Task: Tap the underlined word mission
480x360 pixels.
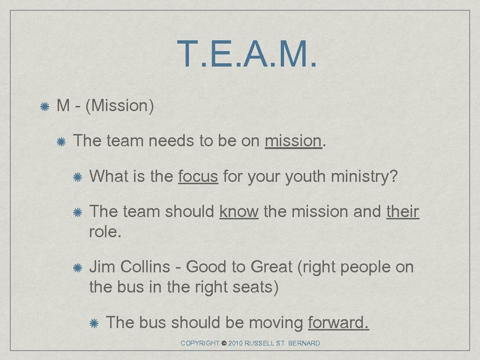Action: pos(293,141)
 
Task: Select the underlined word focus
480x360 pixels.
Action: pos(198,176)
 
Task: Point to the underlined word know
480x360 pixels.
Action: pos(239,211)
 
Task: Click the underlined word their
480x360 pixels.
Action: pos(402,211)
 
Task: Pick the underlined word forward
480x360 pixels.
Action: pos(338,322)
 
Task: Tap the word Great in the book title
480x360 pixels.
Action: pos(271,267)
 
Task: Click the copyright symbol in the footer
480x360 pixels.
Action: pos(224,344)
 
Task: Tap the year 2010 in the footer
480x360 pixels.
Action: pos(237,344)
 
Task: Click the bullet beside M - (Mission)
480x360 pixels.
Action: pos(45,107)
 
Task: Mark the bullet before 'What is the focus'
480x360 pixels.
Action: pos(78,177)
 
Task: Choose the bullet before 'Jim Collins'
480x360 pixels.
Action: pos(78,268)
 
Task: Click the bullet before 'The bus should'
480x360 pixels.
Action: pos(94,323)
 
